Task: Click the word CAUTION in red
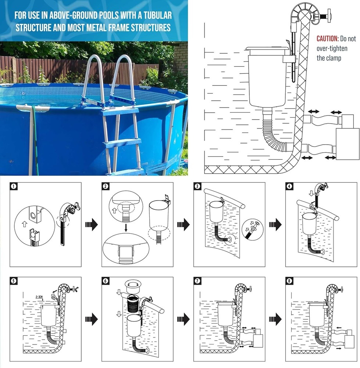coord(327,39)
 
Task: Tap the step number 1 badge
coord(14,186)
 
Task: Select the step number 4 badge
coord(290,186)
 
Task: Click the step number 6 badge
coord(106,281)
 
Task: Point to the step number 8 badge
coord(290,281)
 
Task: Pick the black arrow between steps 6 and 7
coord(183,319)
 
